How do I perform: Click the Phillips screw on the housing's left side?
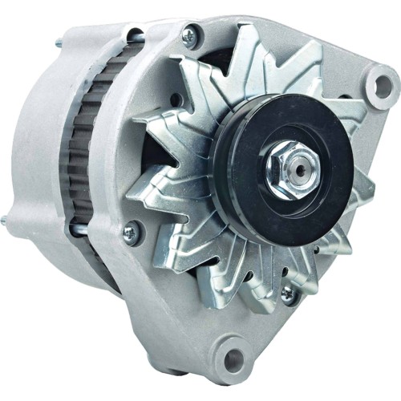(x=128, y=233)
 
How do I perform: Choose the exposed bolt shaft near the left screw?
(x=88, y=232)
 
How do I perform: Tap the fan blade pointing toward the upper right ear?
(x=321, y=72)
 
